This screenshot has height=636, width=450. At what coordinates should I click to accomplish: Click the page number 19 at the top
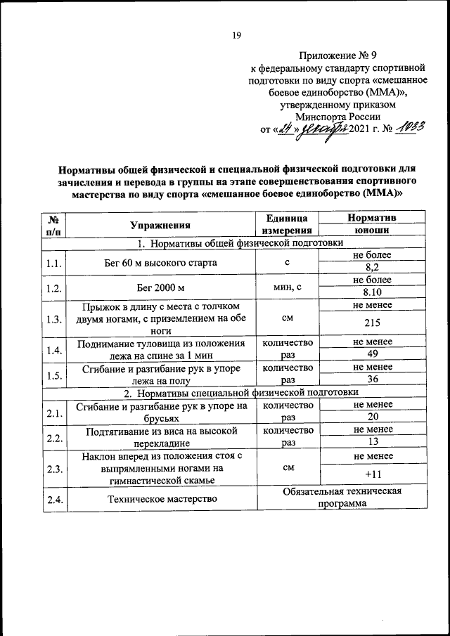click(237, 35)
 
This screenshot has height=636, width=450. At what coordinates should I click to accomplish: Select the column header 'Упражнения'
click(160, 225)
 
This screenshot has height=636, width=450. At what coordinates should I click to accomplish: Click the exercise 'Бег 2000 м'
click(160, 287)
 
